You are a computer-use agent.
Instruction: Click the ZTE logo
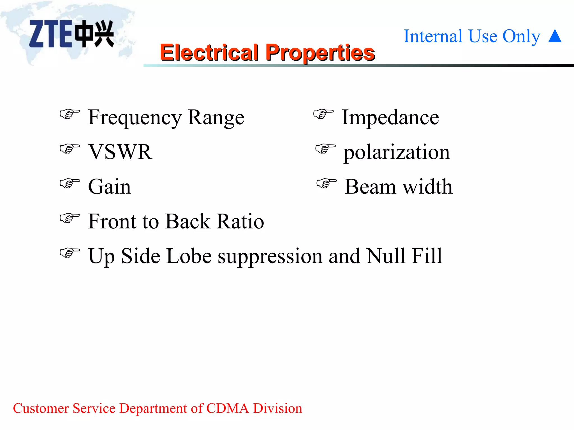tap(71, 34)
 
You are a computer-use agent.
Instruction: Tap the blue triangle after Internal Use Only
tap(555, 36)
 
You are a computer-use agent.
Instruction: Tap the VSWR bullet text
tap(121, 152)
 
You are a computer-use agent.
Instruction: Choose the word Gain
tap(109, 187)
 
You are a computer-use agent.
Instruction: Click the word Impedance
tap(390, 118)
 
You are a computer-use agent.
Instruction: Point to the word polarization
tap(397, 153)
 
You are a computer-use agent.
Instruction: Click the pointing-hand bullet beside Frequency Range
tap(70, 114)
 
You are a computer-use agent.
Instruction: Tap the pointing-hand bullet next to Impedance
tap(323, 114)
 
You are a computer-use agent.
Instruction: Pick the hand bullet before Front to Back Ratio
tap(70, 218)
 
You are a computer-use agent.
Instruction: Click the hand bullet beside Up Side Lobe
tap(70, 253)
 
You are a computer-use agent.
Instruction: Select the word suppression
tap(270, 256)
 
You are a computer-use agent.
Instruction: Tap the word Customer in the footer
tap(41, 408)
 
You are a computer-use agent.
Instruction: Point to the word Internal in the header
tap(433, 36)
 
